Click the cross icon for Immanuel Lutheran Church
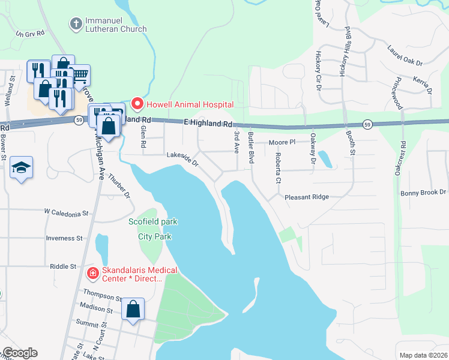pos(76,24)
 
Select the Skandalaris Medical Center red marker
pos(93,274)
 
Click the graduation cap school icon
pos(21,167)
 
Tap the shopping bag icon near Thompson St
pos(133,309)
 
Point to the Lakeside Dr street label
pos(182,159)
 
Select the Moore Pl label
pos(282,143)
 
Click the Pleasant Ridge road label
pos(307,197)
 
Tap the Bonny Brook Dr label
pos(424,193)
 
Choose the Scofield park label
pos(153,221)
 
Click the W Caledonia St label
pos(66,212)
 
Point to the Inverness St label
pos(64,238)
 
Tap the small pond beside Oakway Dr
pos(325,159)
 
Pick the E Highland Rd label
pos(208,123)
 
